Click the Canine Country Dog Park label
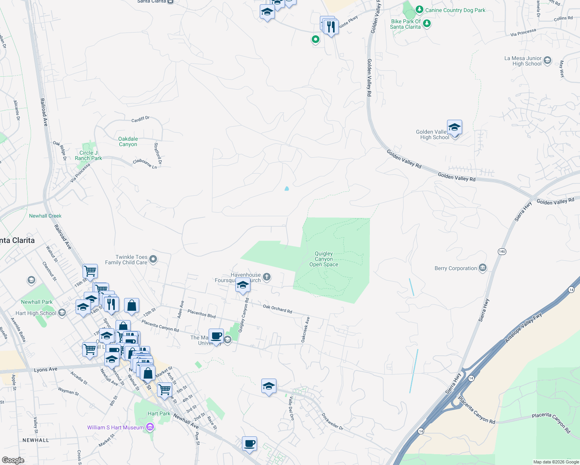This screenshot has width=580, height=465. click(455, 10)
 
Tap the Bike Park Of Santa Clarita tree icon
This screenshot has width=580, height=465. click(427, 24)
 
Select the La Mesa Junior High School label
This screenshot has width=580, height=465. click(523, 61)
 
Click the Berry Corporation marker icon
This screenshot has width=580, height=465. click(483, 268)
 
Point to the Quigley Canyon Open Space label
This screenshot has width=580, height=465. click(324, 259)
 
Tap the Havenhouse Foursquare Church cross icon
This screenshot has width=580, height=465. click(266, 277)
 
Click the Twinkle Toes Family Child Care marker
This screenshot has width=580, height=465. click(153, 259)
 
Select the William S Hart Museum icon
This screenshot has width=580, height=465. click(150, 427)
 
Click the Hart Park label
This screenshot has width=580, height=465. click(159, 413)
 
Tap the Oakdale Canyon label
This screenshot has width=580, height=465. click(128, 141)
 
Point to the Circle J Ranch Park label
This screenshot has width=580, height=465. click(88, 155)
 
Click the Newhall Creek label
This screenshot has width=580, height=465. click(45, 216)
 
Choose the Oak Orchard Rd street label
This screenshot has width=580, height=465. click(277, 308)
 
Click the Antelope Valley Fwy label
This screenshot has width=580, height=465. click(523, 328)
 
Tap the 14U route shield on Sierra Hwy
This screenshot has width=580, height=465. click(502, 251)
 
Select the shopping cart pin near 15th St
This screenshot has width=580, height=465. click(90, 271)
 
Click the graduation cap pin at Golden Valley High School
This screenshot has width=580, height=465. click(454, 127)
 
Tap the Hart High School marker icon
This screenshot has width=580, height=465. click(62, 313)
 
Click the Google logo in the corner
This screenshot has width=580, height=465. click(13, 460)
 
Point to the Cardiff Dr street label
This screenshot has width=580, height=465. click(140, 119)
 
